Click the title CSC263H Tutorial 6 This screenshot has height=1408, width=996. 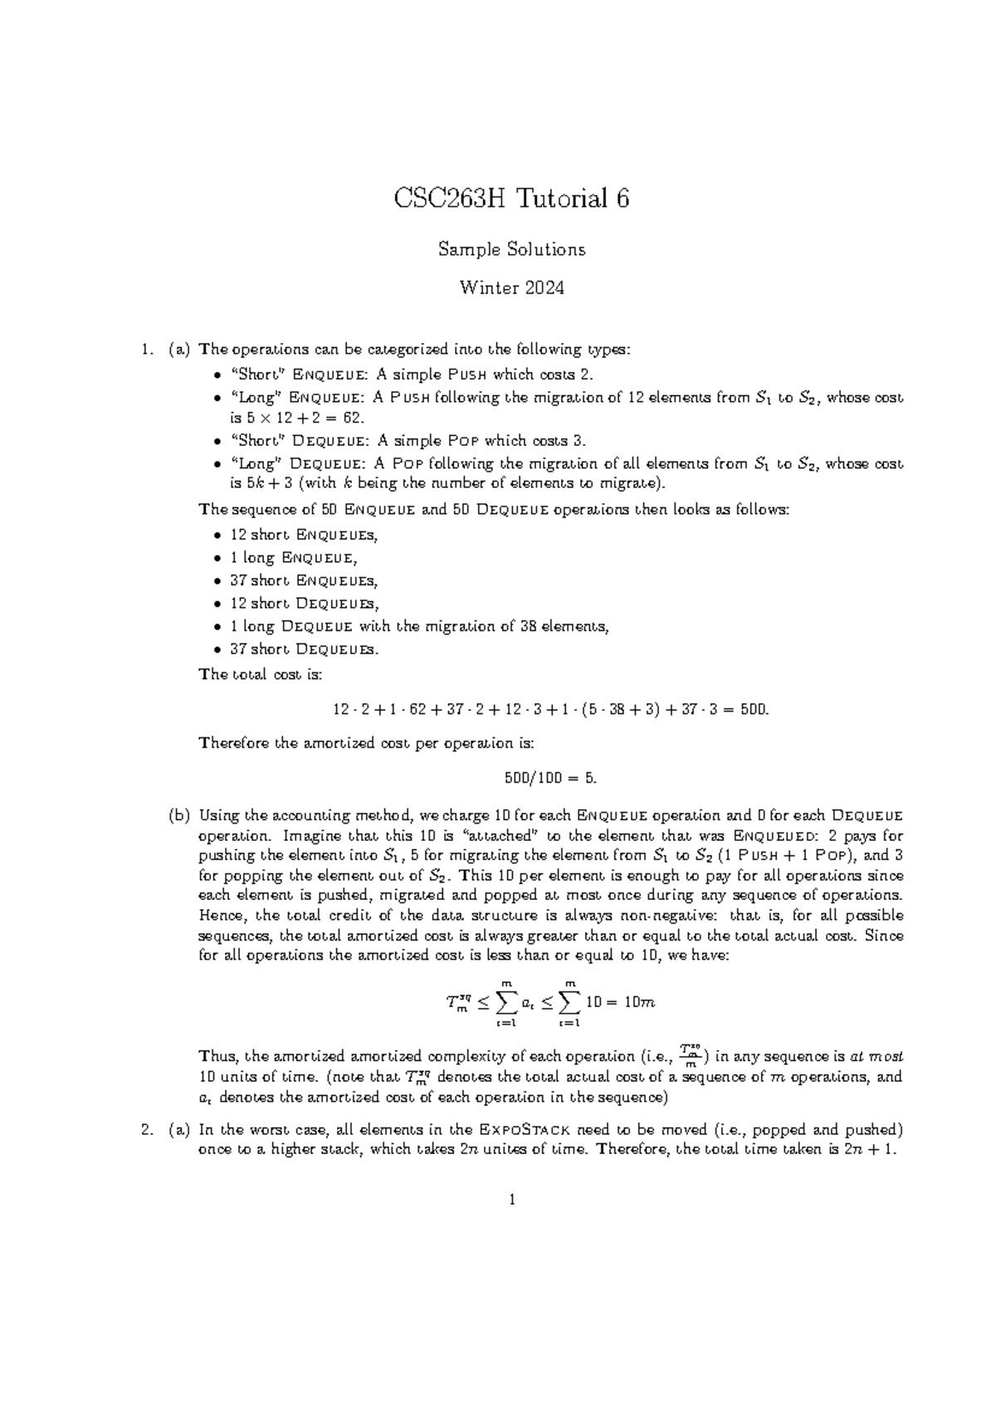pos(511,198)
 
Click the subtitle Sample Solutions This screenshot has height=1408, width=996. pos(511,249)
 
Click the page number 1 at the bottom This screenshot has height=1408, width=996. pos(512,1200)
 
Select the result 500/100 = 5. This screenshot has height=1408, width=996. pos(550,779)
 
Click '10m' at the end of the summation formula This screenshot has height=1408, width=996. pos(639,1002)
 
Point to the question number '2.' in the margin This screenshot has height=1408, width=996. pos(147,1130)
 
